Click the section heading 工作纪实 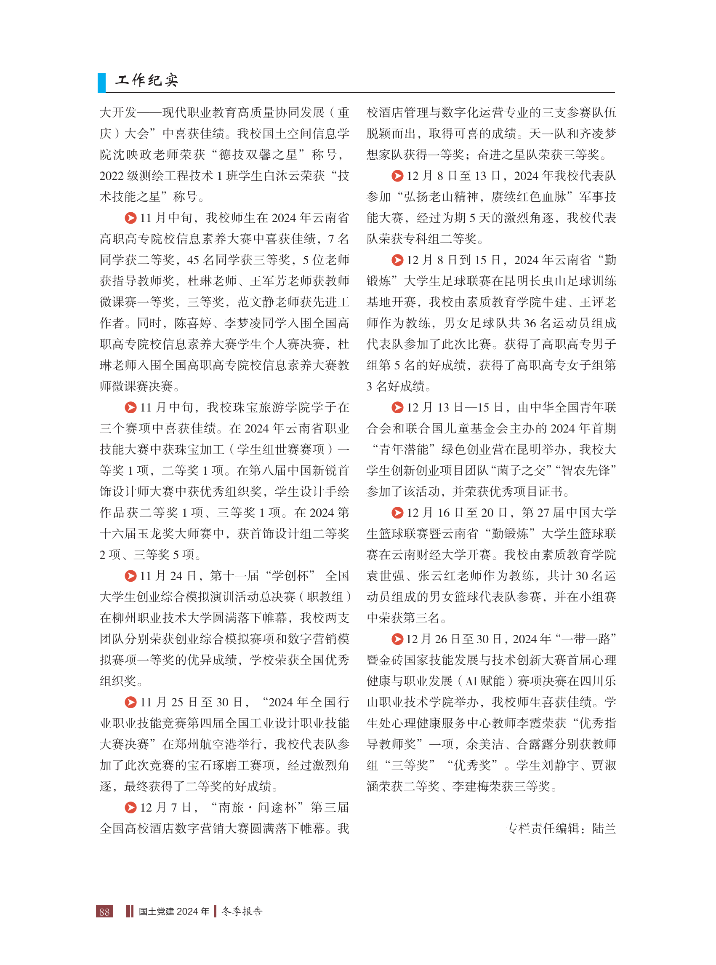(x=146, y=80)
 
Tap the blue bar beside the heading (x=101, y=83)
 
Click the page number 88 (x=104, y=911)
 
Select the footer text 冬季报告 (x=242, y=911)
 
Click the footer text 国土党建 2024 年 (x=174, y=911)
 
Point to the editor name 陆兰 (x=604, y=829)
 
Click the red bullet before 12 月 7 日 (x=130, y=807)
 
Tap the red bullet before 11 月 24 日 (x=130, y=575)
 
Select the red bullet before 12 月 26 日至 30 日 (x=397, y=639)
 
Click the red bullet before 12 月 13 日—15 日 (x=397, y=407)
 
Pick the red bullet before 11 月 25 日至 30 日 (x=130, y=702)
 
